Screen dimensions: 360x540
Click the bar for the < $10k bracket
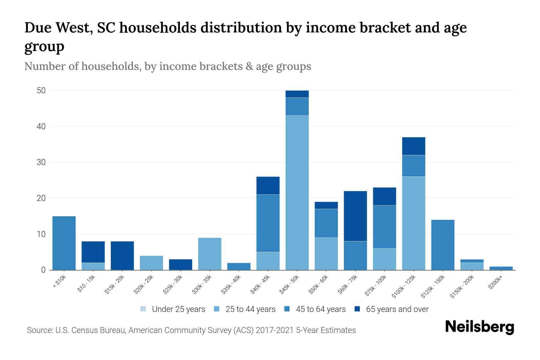64,243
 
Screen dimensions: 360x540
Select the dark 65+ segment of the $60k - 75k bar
355,216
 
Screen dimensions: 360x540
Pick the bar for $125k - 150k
442,245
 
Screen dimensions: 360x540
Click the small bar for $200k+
501,268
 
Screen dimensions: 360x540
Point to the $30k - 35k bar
210,254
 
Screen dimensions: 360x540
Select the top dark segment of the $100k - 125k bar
413,146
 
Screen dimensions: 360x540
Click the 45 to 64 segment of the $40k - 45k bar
268,223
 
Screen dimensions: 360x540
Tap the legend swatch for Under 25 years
143,309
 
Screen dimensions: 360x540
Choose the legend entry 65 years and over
397,309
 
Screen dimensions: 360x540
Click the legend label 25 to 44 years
250,309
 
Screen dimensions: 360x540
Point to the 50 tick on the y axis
41,91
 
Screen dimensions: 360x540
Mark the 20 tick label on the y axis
41,198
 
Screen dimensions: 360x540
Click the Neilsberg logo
479,327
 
